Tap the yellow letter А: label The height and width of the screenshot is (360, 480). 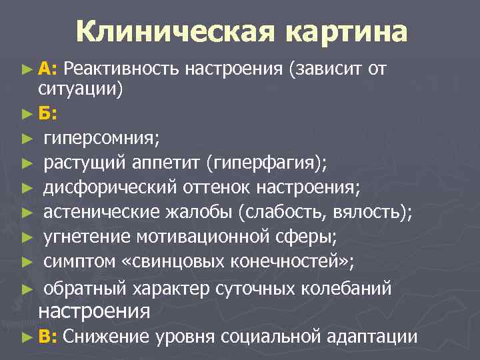pos(48,68)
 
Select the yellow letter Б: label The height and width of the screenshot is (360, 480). pos(47,113)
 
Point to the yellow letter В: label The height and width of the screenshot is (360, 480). pos(48,337)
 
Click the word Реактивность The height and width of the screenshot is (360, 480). pos(122,68)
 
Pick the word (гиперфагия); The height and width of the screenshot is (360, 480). pos(267,163)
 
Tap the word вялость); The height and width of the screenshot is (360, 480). pos(375,213)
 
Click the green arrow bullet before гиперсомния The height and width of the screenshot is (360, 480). pos(26,139)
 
